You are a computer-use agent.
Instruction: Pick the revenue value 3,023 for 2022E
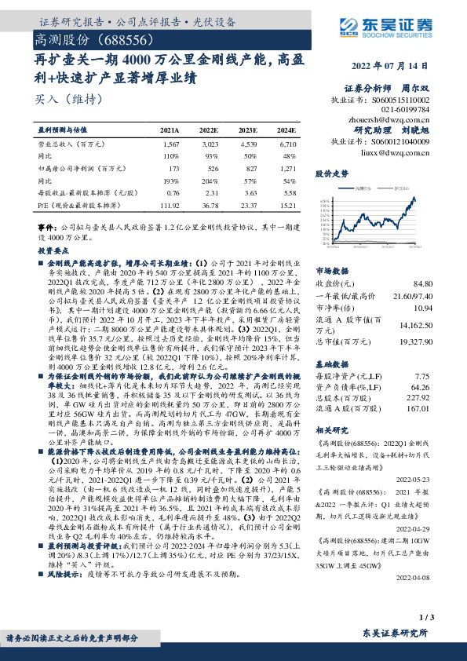point(210,144)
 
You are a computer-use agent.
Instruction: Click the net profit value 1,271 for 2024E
point(286,169)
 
